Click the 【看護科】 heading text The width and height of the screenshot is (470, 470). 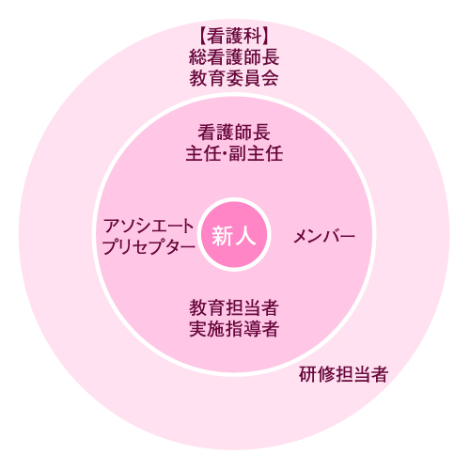coord(234,36)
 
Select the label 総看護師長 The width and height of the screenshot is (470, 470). coord(234,57)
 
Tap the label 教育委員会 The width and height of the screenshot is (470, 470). coord(234,78)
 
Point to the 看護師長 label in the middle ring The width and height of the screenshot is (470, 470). coord(234,133)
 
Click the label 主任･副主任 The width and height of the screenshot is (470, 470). coord(234,153)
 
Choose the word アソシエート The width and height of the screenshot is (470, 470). coord(149,227)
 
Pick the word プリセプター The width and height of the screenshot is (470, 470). coord(149,247)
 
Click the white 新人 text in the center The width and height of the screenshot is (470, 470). coord(234,236)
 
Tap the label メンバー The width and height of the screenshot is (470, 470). coord(324,236)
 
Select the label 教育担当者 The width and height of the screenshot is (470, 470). coord(234,307)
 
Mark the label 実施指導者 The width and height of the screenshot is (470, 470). coord(234,329)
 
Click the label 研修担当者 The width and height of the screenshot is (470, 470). coord(344,374)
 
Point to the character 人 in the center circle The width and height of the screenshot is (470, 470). coord(246,236)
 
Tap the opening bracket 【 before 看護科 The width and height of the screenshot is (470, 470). coord(202,36)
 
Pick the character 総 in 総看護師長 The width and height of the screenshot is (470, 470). coord(198,57)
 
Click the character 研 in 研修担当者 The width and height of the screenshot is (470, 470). coord(307,374)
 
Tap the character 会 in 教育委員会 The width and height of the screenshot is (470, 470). coord(270,78)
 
